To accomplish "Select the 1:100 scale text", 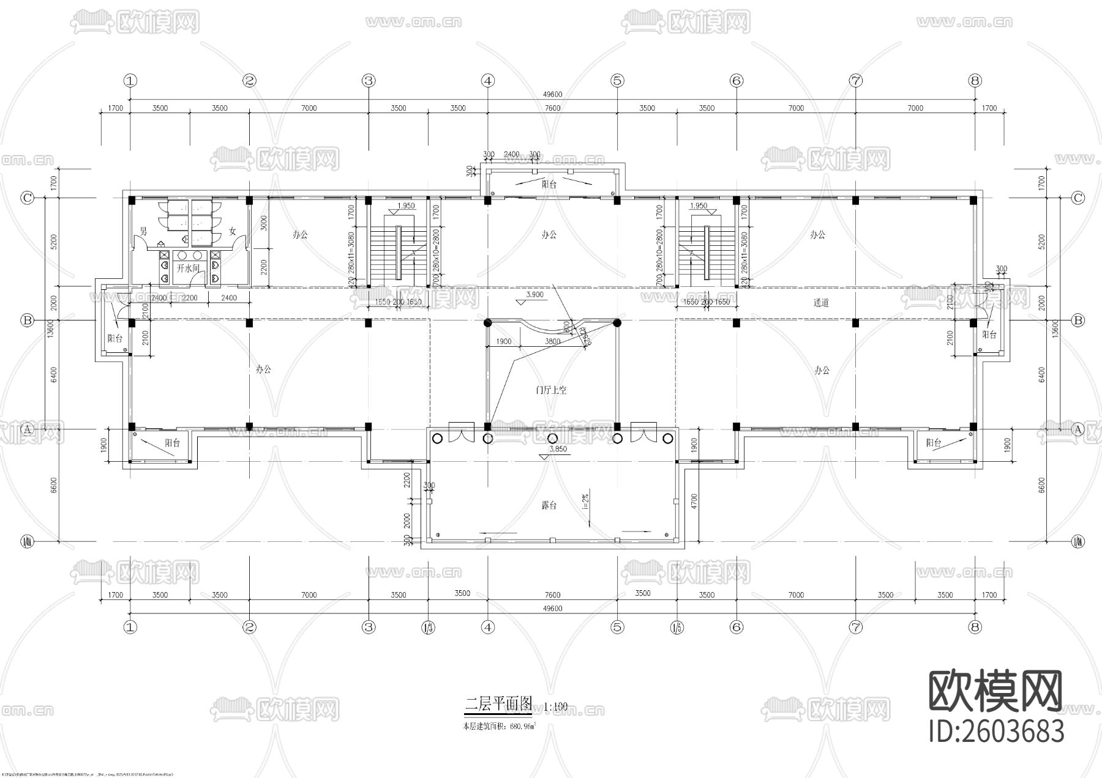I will click(555, 707).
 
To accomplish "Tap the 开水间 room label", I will click(188, 268).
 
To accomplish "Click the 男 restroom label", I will click(144, 231).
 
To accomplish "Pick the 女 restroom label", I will click(233, 231).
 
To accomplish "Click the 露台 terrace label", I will click(549, 506).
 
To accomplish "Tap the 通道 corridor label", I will click(821, 303).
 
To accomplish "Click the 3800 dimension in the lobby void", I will click(552, 342).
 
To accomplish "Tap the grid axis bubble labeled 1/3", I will click(428, 627).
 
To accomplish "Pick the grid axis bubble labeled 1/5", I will click(677, 627).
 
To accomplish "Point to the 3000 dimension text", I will click(263, 223).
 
